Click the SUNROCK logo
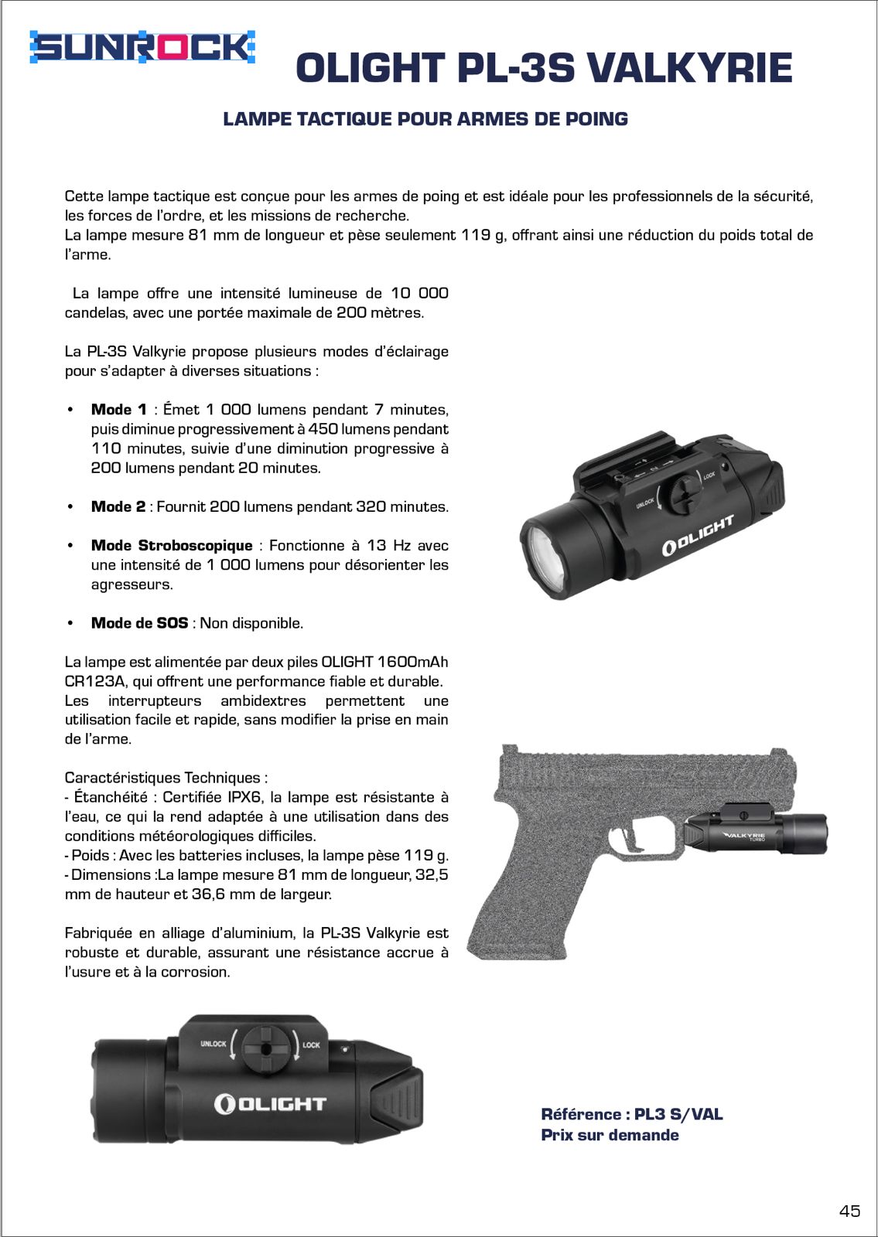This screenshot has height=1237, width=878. point(142,48)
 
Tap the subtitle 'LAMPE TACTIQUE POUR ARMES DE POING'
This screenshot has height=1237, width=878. point(425,119)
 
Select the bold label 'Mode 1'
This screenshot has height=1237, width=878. point(118,410)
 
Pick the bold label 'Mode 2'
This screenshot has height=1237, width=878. point(118,507)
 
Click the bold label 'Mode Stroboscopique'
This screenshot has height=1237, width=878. point(172,546)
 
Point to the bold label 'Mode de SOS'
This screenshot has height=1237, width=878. point(139,623)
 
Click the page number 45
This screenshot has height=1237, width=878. point(849,1211)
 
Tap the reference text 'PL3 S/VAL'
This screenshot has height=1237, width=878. point(678,1114)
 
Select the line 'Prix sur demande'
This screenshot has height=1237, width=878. point(610,1135)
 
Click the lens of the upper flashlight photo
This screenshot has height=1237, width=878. point(547,557)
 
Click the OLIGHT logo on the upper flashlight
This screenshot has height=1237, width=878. point(698,536)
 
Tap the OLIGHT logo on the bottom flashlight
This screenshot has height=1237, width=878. point(270,1103)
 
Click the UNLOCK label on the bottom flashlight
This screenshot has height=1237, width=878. point(214,1044)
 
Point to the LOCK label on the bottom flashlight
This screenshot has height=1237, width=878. point(311,1044)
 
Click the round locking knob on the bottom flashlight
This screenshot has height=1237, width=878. point(266,1048)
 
